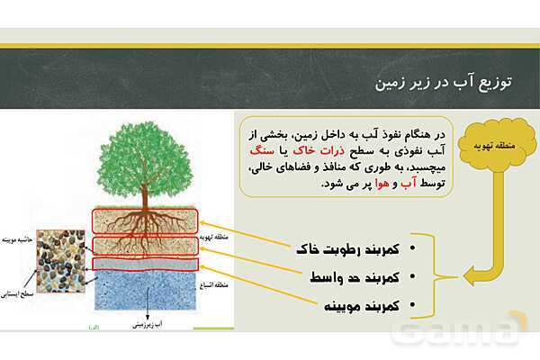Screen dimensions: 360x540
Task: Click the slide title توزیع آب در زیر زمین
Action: coord(441,83)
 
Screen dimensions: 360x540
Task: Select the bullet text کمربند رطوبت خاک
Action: coord(346,247)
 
